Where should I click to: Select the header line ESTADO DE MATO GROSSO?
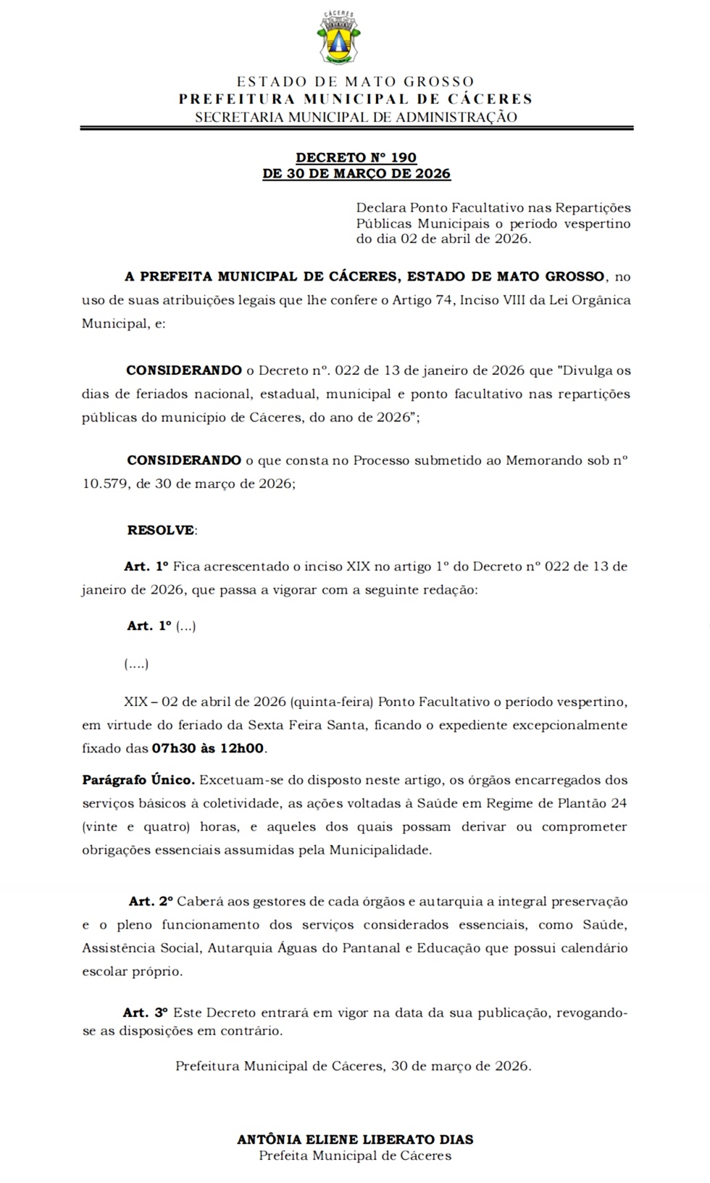[355, 82]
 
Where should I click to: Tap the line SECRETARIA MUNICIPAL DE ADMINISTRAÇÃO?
[356, 117]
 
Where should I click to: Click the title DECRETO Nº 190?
[356, 157]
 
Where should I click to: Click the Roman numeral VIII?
[514, 300]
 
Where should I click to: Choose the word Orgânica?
[600, 300]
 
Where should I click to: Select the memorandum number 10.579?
[105, 483]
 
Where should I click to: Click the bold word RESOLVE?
[161, 530]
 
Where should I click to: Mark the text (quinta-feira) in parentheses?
[332, 702]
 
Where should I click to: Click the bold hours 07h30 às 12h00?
[208, 748]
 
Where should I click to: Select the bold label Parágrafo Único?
[138, 780]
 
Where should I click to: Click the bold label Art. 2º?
[151, 902]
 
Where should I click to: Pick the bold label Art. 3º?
[145, 1013]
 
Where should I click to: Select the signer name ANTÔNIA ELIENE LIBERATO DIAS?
[355, 1140]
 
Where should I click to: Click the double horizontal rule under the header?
[356, 128]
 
